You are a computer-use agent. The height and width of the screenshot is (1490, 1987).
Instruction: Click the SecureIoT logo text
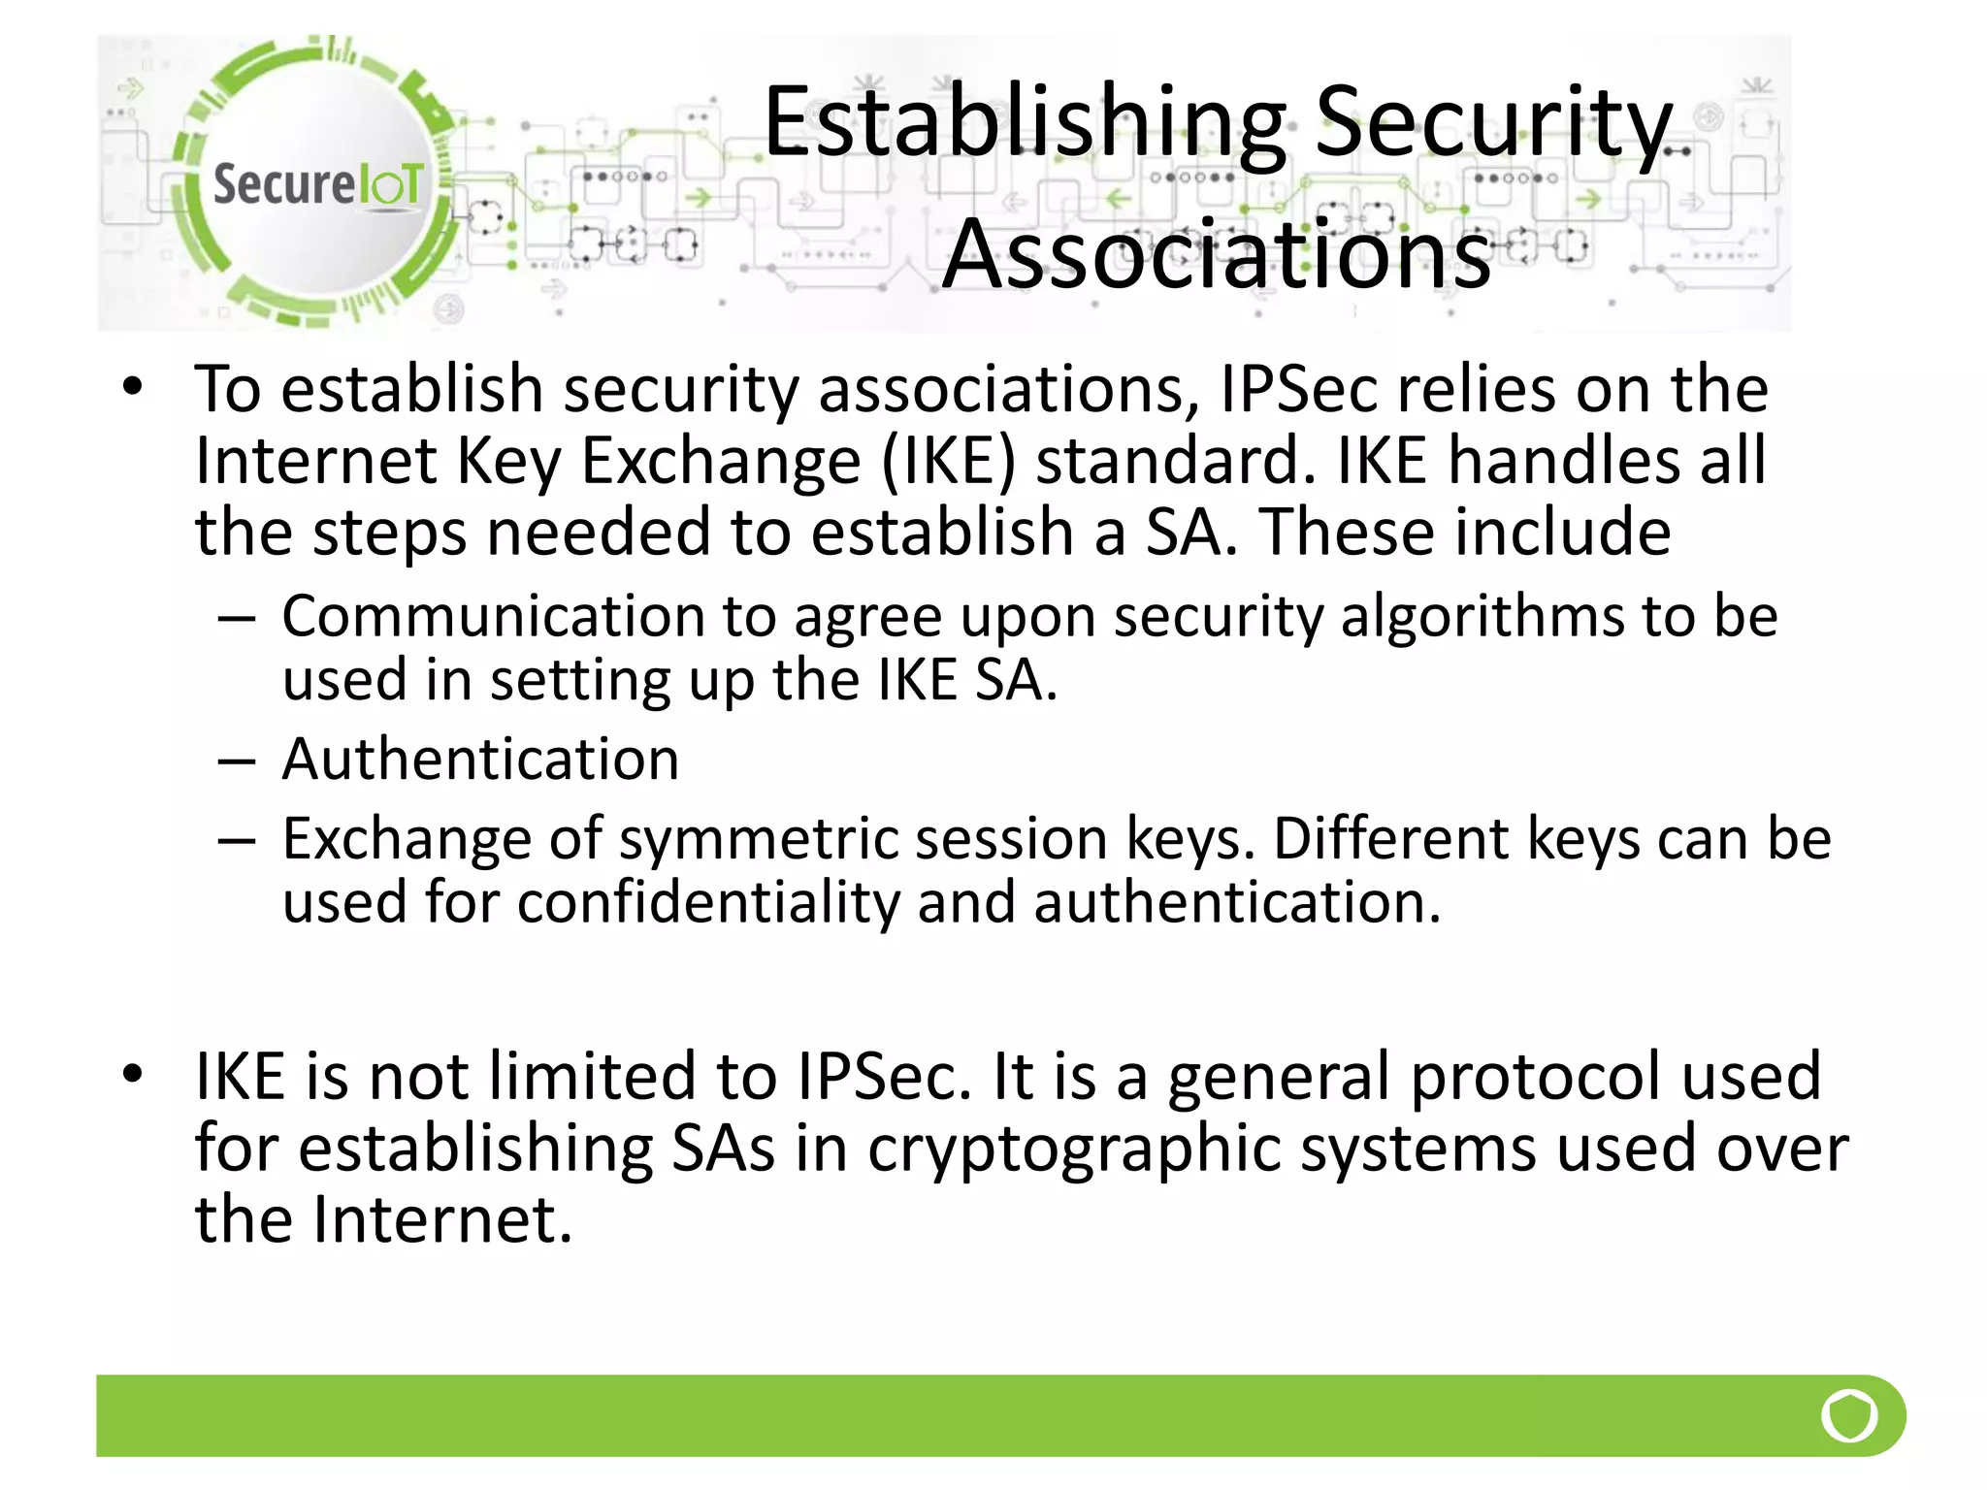point(317,184)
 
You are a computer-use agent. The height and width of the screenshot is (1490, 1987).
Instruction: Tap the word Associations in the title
point(1217,254)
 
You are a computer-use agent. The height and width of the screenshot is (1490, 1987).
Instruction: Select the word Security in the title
point(1494,123)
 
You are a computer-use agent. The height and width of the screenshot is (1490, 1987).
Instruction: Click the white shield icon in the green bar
point(1849,1415)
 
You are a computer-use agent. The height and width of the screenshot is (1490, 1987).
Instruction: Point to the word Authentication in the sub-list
point(480,759)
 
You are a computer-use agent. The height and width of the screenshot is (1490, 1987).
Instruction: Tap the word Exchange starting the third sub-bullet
point(407,838)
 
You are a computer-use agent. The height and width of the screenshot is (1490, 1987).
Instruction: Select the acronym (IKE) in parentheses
point(949,460)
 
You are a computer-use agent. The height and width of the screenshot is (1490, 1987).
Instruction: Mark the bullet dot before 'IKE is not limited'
point(133,1074)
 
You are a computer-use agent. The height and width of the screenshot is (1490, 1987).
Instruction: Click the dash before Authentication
point(237,761)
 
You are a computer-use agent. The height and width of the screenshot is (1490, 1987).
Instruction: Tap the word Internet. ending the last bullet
point(441,1219)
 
